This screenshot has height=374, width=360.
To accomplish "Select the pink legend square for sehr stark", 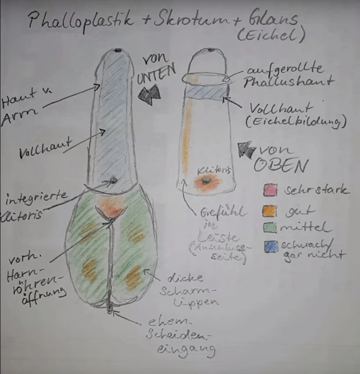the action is pos(270,190).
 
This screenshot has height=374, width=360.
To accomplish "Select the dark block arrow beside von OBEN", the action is pos(247,151).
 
